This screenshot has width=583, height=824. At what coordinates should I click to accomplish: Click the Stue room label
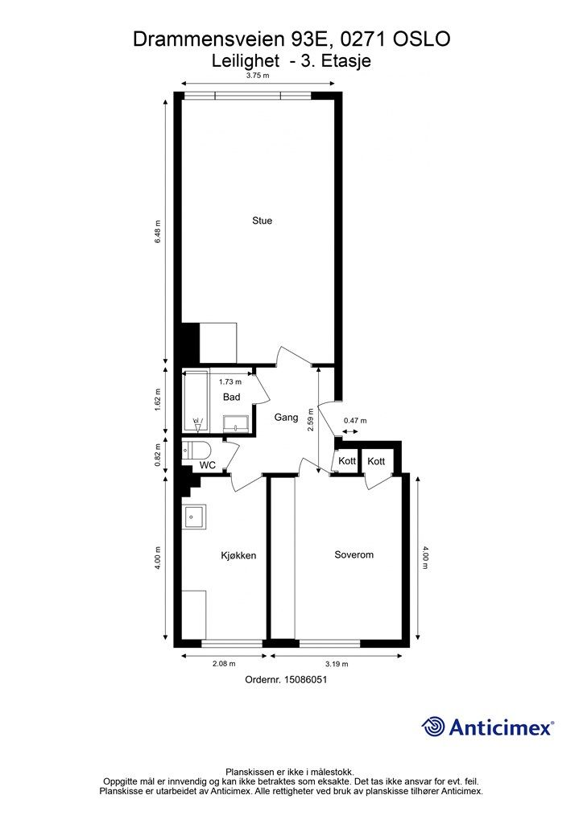pyautogui.click(x=262, y=220)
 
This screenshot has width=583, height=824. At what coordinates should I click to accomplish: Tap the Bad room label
pyautogui.click(x=231, y=397)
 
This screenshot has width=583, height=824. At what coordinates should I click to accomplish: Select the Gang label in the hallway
pyautogui.click(x=286, y=418)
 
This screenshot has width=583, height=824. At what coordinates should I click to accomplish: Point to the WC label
pyautogui.click(x=208, y=465)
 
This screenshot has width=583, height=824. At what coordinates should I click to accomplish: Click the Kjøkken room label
pyautogui.click(x=238, y=555)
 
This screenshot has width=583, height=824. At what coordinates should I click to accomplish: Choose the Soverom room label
pyautogui.click(x=354, y=554)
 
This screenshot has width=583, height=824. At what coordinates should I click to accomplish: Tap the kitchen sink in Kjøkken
pyautogui.click(x=194, y=517)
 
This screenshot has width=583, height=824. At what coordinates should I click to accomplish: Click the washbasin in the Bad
pyautogui.click(x=237, y=423)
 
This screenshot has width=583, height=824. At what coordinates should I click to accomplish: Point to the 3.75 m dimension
pyautogui.click(x=258, y=75)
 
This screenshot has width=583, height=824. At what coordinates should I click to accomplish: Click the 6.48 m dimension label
pyautogui.click(x=157, y=231)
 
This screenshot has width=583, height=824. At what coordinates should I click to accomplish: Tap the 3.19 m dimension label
pyautogui.click(x=337, y=664)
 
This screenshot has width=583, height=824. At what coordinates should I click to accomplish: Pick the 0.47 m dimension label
pyautogui.click(x=355, y=420)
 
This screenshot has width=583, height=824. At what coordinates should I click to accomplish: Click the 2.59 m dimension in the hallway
pyautogui.click(x=311, y=420)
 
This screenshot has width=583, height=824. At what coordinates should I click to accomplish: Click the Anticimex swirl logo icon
pyautogui.click(x=433, y=727)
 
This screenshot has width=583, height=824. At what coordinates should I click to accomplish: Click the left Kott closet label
pyautogui.click(x=347, y=461)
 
